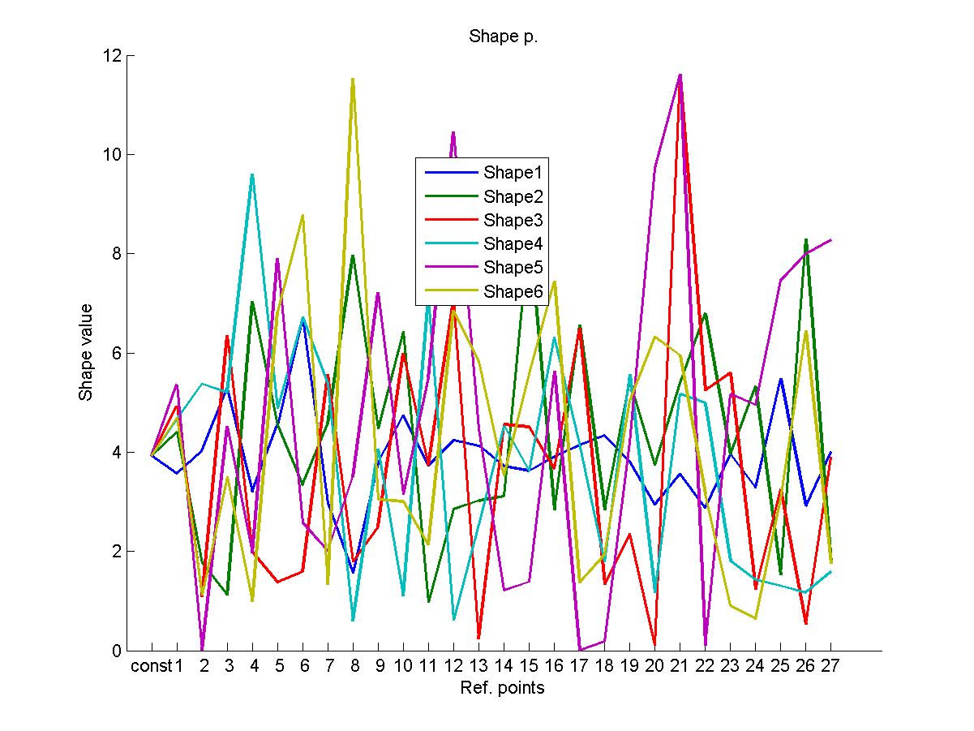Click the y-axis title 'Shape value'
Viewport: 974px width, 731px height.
(86, 352)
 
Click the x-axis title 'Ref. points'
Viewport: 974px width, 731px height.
(503, 688)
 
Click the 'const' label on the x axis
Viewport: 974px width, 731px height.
(151, 667)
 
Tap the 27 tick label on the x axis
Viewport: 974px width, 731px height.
(831, 667)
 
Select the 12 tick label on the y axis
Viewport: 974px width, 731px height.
(111, 56)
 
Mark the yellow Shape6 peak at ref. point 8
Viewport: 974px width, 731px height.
(353, 79)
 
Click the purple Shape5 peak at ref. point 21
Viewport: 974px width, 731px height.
(680, 75)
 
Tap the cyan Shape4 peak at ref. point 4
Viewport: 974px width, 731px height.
(252, 174)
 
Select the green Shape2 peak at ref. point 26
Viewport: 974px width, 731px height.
(806, 239)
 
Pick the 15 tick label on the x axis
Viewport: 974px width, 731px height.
(529, 667)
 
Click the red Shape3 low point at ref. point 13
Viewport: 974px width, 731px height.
(478, 638)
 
